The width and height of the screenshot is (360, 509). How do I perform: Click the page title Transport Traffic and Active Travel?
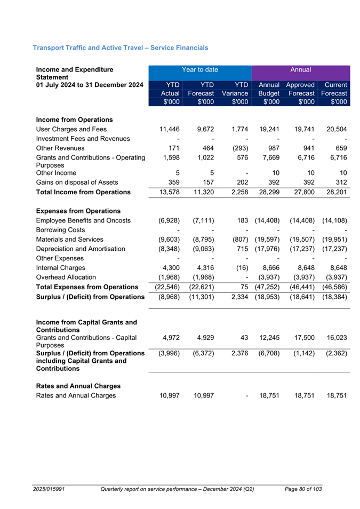(x=121, y=48)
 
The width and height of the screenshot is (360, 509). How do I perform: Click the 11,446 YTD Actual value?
(x=165, y=129)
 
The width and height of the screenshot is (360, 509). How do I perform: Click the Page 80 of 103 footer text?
(x=303, y=489)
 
